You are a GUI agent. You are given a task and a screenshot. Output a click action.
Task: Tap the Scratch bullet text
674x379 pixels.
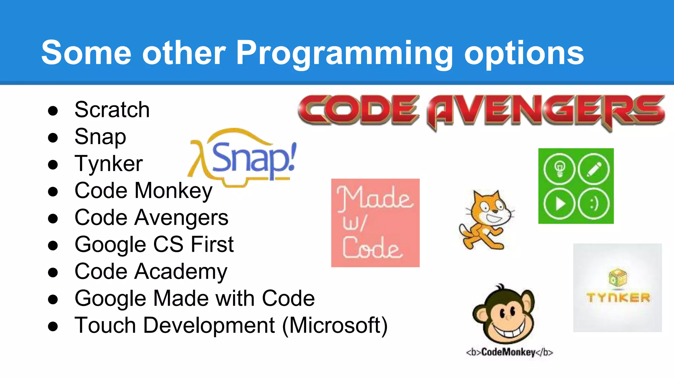click(112, 110)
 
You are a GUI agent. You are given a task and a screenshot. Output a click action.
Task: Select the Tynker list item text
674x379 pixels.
click(109, 164)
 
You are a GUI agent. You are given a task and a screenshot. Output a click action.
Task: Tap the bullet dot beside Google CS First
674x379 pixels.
click(53, 245)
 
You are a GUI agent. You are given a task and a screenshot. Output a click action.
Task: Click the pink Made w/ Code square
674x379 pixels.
click(375, 223)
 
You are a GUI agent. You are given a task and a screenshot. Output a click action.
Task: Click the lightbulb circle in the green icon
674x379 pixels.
click(559, 169)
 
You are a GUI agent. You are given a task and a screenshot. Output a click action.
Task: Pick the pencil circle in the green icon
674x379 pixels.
click(594, 169)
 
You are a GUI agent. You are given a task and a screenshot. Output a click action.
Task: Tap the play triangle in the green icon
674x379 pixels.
click(559, 204)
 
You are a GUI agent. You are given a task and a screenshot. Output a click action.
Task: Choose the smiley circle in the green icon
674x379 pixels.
click(594, 204)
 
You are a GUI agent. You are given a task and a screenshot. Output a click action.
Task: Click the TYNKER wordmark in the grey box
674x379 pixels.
click(618, 298)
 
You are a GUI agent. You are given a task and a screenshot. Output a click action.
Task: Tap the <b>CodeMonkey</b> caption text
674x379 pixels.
click(509, 352)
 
